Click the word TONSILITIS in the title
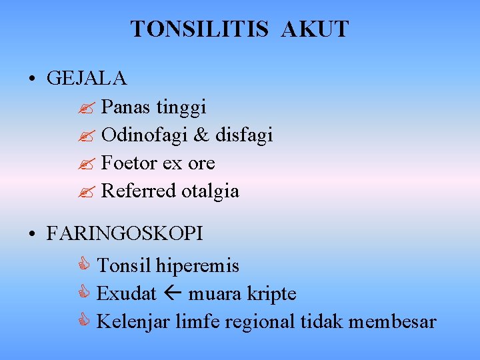[x=199, y=29]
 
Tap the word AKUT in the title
[x=315, y=29]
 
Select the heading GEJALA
[x=87, y=79]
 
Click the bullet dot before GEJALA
[x=32, y=79]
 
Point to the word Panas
[x=126, y=107]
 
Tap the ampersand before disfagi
[x=201, y=135]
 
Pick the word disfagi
[x=244, y=135]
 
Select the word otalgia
[x=210, y=191]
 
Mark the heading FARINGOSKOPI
[x=125, y=234]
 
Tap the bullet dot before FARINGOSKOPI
[x=32, y=235]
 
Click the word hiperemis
[x=197, y=266]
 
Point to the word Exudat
[x=127, y=294]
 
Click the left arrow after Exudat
[x=173, y=294]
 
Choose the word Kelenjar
[x=133, y=322]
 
